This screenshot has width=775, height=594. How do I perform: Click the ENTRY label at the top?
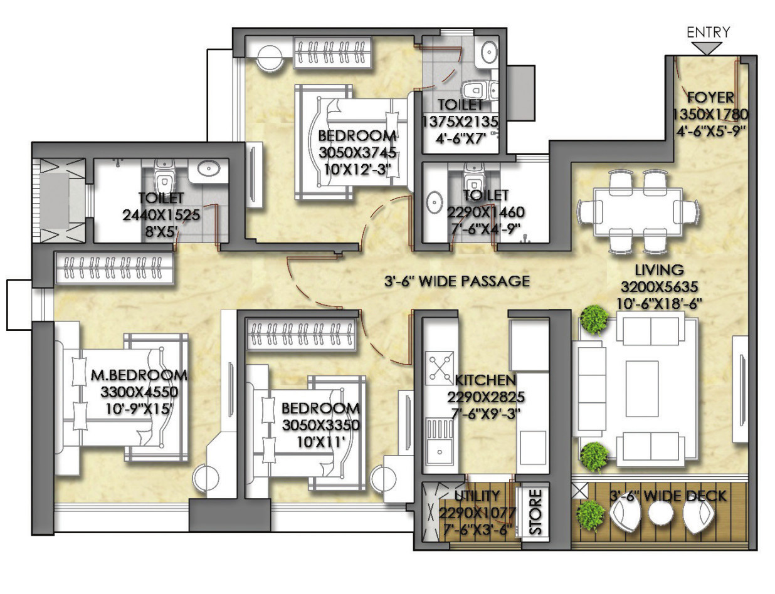[708, 33]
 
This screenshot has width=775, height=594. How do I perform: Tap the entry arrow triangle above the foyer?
[707, 48]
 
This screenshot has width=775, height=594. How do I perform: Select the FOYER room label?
[710, 98]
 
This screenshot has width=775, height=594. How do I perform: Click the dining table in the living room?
[638, 212]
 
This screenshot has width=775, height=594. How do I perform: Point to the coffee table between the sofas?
[642, 388]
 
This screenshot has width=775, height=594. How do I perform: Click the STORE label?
[535, 512]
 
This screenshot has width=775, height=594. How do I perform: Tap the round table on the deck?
[660, 514]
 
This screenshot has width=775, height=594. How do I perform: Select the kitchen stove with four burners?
[440, 368]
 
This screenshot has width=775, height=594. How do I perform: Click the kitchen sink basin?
[440, 452]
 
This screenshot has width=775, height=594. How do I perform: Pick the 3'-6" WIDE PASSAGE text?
[457, 281]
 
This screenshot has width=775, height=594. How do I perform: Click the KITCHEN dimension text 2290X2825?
[486, 397]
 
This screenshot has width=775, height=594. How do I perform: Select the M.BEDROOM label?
[139, 375]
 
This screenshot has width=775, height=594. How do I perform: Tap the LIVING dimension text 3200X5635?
[660, 287]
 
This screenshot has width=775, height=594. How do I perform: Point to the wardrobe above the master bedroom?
[113, 268]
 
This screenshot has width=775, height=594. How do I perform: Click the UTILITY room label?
[477, 496]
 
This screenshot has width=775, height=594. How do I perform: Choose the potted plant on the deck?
[591, 515]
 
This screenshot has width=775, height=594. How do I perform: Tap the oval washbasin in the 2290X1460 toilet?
[434, 202]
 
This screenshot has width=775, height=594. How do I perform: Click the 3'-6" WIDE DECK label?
[668, 496]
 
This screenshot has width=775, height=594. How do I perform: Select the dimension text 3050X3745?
[357, 153]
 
